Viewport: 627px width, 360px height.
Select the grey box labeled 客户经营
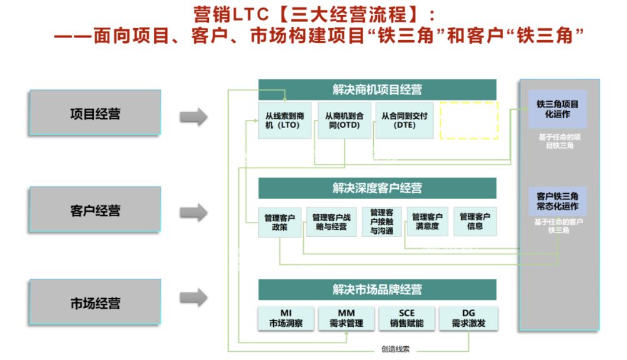point(95,210)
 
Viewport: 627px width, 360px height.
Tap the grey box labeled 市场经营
point(95,303)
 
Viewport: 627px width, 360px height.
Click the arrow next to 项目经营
point(193,117)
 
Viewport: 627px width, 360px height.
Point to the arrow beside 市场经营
point(193,297)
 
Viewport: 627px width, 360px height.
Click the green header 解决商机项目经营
point(377,89)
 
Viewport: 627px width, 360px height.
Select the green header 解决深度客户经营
point(377,187)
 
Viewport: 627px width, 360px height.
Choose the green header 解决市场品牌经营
point(377,289)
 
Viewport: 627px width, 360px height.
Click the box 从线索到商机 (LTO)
point(284,120)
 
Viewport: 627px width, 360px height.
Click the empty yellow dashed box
point(469,120)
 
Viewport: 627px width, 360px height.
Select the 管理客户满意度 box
point(428,221)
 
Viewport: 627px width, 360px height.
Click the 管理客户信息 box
point(475,221)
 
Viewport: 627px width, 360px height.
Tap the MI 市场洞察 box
point(286,318)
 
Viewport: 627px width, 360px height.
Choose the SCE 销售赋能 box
point(406,318)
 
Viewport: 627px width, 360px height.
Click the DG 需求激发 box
point(468,318)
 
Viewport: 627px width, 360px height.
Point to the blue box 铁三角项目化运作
point(558,109)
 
